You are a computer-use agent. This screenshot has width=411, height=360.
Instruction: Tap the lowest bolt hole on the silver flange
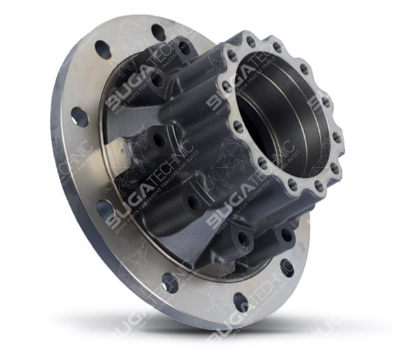(240, 302)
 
